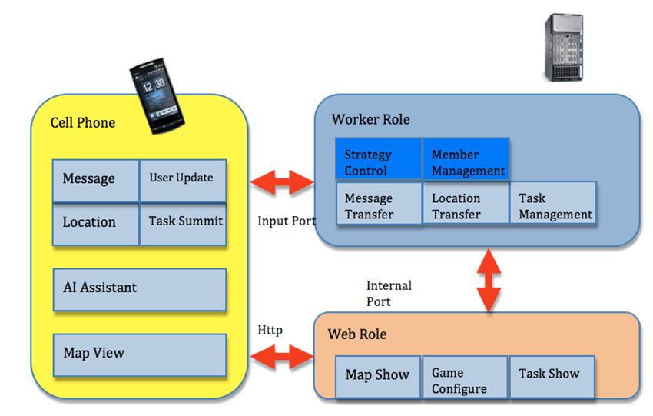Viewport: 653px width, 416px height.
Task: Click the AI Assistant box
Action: pyautogui.click(x=139, y=288)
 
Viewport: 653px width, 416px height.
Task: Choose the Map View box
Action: pyautogui.click(x=139, y=354)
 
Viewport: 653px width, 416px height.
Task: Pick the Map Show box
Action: pyautogui.click(x=377, y=377)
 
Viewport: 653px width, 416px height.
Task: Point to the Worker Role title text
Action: pyautogui.click(x=370, y=120)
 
